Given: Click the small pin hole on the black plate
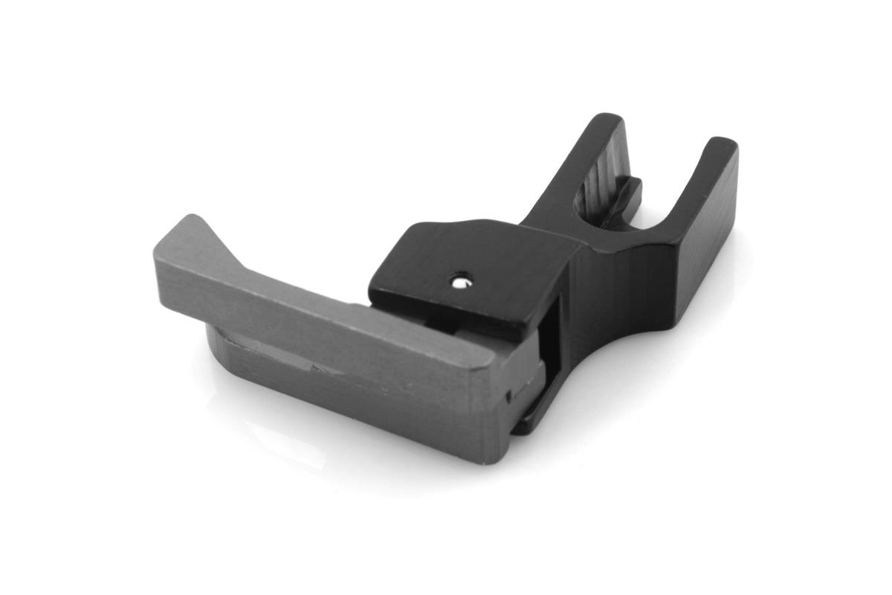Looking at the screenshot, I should tap(462, 280).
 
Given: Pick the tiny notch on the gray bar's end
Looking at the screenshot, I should tap(508, 396).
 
